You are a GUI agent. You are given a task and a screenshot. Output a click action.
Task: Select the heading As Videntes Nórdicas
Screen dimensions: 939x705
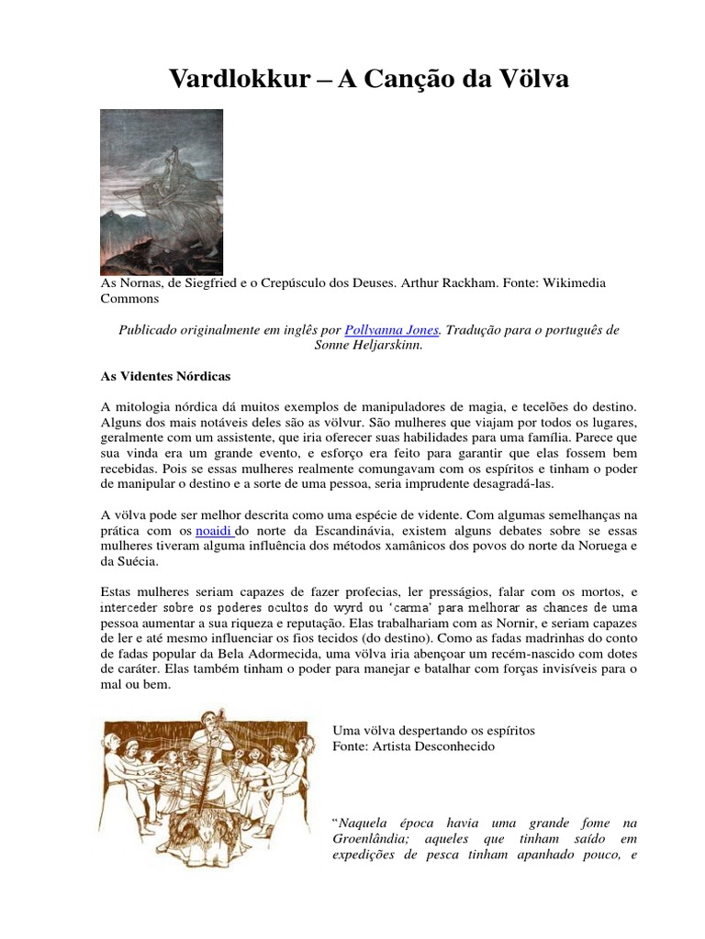[x=165, y=376]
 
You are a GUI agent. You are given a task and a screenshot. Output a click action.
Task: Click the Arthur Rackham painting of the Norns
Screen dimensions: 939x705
[x=162, y=192]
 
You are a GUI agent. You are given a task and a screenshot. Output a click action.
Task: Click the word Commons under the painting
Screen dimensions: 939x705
[x=129, y=299]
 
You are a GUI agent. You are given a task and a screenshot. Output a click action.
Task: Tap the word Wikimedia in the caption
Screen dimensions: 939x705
[x=571, y=283]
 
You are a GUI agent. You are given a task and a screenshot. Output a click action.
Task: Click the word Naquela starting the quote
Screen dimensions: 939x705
[x=368, y=823]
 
